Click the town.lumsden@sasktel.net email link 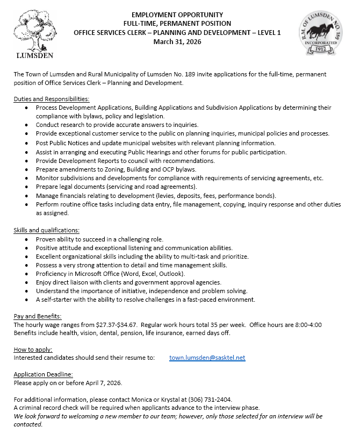[207, 358]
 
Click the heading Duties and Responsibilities [52, 99]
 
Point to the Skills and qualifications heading [46, 230]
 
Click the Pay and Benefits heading [38, 316]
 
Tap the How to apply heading [33, 349]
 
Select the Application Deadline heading [43, 374]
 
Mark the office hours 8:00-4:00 [328, 324]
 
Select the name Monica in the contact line [127, 400]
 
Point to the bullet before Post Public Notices [27, 143]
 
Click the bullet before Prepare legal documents [27, 187]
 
